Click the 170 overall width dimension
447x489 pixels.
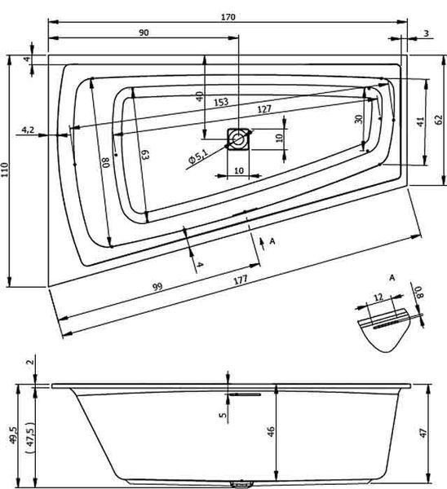click(x=228, y=17)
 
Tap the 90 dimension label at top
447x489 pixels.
click(x=144, y=33)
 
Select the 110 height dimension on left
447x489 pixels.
click(x=5, y=170)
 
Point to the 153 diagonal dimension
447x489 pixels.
click(x=221, y=103)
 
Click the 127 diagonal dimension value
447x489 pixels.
click(x=264, y=109)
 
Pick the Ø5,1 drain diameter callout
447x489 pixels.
click(x=197, y=156)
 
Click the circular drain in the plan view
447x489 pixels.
click(x=238, y=139)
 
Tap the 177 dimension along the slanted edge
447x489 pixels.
click(x=241, y=280)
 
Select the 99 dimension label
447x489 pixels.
click(x=157, y=286)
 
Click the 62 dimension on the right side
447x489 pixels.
click(x=439, y=120)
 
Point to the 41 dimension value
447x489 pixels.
click(x=421, y=121)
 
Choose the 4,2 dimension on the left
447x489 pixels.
click(x=28, y=130)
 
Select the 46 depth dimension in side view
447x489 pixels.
click(x=271, y=431)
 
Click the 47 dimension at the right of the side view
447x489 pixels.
click(x=423, y=433)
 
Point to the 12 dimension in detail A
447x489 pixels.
click(x=378, y=297)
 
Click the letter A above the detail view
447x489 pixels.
click(x=392, y=277)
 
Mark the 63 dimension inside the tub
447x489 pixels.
click(x=146, y=154)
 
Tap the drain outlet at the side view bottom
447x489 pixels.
click(x=241, y=483)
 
